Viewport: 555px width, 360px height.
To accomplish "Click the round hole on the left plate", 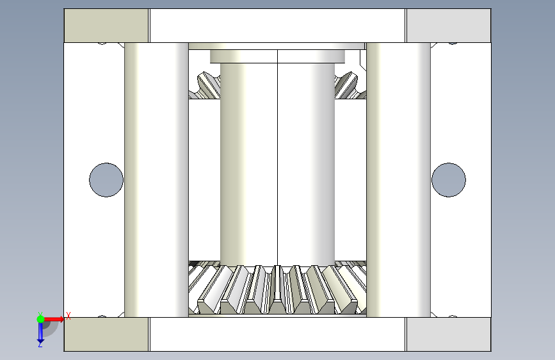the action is click(x=106, y=180).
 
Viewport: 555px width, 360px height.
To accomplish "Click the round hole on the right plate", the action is click(x=449, y=180).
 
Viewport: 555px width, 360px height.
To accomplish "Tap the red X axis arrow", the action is click(x=53, y=319).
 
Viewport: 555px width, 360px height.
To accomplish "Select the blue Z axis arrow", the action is click(x=40, y=332).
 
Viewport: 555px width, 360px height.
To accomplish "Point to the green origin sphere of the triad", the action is click(x=40, y=319).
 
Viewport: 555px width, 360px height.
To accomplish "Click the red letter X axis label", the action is click(x=68, y=316).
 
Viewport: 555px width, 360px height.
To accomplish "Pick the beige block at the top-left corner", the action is click(x=106, y=26).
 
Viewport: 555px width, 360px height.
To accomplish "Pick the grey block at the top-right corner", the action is click(x=449, y=26).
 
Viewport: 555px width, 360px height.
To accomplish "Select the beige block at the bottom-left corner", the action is click(x=106, y=334).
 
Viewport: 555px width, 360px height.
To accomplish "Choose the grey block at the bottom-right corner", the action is click(x=449, y=334).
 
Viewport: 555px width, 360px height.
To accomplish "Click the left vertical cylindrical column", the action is click(x=156, y=180).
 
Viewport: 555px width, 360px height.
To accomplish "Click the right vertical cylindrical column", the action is click(x=399, y=180).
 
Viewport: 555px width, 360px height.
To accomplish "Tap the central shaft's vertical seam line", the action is click(x=278, y=158).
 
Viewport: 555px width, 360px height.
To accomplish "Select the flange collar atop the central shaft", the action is click(x=278, y=57).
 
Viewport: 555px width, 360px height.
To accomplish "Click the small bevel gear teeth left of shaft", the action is click(x=205, y=85).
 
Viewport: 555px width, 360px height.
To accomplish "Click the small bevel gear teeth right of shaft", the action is click(x=350, y=85).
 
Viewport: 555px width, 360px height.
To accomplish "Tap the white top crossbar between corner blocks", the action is click(x=278, y=26).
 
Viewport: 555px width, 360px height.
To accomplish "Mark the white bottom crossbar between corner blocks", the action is click(x=278, y=334).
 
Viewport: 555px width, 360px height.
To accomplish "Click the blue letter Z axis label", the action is click(x=40, y=344).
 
